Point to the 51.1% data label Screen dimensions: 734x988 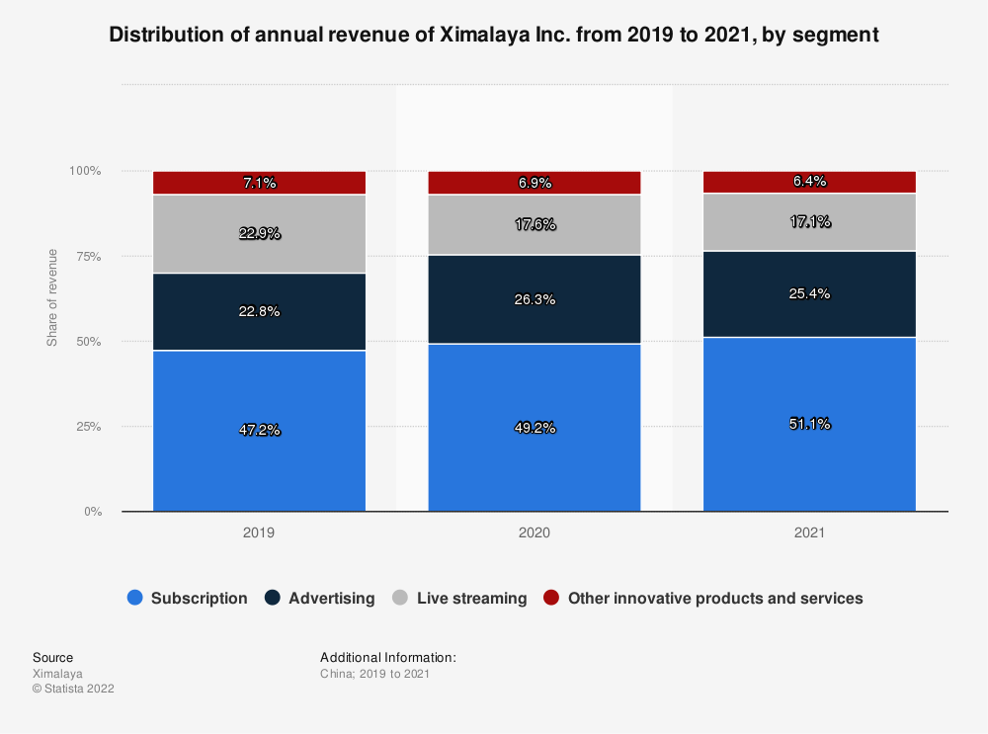coord(809,424)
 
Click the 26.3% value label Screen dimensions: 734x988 coord(534,299)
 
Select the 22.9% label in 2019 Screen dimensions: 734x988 coord(259,233)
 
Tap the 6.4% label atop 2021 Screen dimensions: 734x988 coord(809,181)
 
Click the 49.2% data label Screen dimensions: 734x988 coord(534,428)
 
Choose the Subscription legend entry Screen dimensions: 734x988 coord(188,598)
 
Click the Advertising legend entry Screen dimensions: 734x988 coord(320,598)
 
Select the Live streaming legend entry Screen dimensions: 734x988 coord(459,598)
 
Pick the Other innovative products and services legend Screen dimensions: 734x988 coord(703,598)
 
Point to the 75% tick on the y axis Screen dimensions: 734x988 coord(87,256)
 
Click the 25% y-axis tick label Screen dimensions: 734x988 coord(87,427)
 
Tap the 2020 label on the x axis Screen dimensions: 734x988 coord(534,531)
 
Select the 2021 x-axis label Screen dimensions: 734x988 coord(809,531)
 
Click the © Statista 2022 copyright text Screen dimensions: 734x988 coord(73,690)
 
